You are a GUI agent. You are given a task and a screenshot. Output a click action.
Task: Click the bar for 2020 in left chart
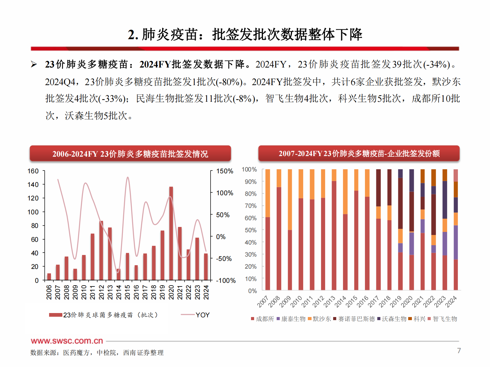[171, 233]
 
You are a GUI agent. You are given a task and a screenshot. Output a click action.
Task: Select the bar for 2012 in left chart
[101, 250]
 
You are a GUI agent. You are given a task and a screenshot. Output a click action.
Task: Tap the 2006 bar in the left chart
[49, 277]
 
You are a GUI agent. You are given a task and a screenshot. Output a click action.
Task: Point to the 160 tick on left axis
[33, 171]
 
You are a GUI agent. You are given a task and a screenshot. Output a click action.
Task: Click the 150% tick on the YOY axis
[224, 171]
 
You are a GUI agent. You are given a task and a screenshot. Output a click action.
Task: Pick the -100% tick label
[226, 281]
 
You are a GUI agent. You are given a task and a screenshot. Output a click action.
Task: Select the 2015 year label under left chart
[128, 292]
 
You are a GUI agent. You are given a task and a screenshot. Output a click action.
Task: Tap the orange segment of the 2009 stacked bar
[290, 200]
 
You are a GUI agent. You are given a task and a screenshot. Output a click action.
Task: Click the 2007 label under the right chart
[263, 301]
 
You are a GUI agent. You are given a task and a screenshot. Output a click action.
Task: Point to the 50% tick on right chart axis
[250, 230]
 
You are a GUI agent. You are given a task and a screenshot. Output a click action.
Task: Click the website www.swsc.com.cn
[67, 341]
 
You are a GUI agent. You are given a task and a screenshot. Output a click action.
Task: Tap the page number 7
[459, 351]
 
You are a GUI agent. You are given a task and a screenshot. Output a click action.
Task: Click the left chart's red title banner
[130, 154]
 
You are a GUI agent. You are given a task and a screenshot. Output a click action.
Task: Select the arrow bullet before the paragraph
[34, 64]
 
